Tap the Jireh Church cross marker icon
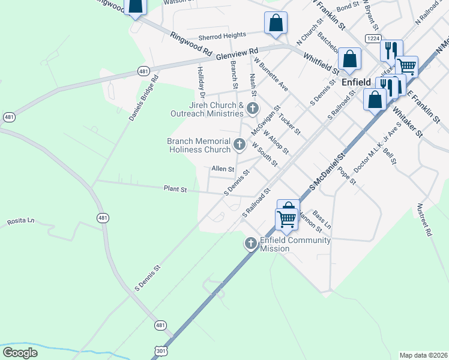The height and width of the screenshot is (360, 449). pyautogui.click(x=253, y=109)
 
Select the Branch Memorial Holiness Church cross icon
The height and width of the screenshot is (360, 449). pyautogui.click(x=240, y=144)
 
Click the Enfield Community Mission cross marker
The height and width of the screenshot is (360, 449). pyautogui.click(x=250, y=243)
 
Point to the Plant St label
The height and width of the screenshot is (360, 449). pyautogui.click(x=176, y=189)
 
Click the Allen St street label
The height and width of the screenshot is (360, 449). pyautogui.click(x=222, y=169)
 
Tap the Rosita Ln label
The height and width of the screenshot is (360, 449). pyautogui.click(x=20, y=221)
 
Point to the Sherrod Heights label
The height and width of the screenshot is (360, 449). pyautogui.click(x=209, y=36)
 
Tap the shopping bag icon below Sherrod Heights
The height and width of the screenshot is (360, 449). pyautogui.click(x=276, y=24)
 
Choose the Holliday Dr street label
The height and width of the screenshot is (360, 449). pyautogui.click(x=201, y=82)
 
